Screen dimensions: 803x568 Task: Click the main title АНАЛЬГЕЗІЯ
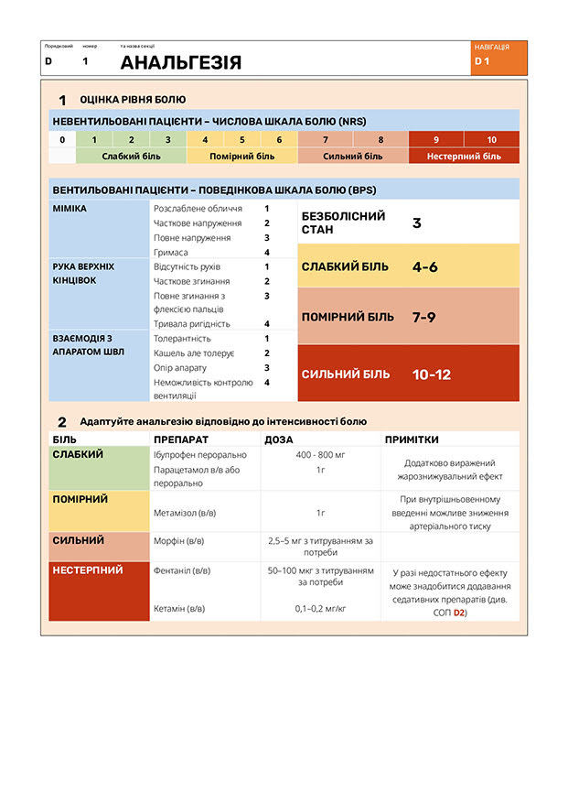pyautogui.click(x=181, y=62)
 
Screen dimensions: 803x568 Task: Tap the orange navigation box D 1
pyautogui.click(x=498, y=58)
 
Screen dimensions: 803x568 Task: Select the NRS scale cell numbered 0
pyautogui.click(x=62, y=140)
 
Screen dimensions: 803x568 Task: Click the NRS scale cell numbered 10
pyautogui.click(x=491, y=140)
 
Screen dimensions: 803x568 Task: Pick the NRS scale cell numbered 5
pyautogui.click(x=241, y=140)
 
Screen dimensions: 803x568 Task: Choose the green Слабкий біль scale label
pyautogui.click(x=131, y=156)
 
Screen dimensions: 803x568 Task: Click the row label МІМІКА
pyautogui.click(x=70, y=209)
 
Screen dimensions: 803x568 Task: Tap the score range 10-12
pyautogui.click(x=431, y=374)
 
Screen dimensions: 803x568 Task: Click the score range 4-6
pyautogui.click(x=425, y=267)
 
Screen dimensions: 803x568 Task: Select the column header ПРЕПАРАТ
pyautogui.click(x=180, y=439)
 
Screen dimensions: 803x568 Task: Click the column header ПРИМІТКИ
pyautogui.click(x=412, y=439)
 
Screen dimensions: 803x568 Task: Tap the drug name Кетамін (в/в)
pyautogui.click(x=179, y=608)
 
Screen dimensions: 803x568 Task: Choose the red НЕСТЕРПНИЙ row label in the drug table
pyautogui.click(x=88, y=570)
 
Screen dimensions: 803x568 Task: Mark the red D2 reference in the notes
pyautogui.click(x=459, y=613)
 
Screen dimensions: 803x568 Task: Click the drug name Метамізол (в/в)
pyautogui.click(x=186, y=513)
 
